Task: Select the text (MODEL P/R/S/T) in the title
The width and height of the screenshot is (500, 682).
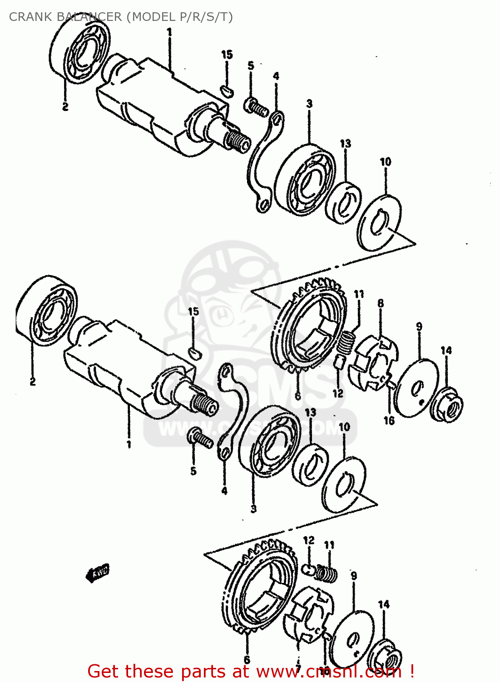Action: [x=179, y=17]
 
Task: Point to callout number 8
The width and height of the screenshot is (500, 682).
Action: [x=380, y=303]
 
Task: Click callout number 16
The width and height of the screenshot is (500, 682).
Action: [x=389, y=421]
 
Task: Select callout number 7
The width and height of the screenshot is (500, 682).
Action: [x=298, y=668]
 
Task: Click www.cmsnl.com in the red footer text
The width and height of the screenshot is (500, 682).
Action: [x=329, y=672]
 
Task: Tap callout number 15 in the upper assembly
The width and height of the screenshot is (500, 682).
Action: [x=227, y=55]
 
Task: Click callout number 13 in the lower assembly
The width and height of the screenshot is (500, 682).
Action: [x=311, y=412]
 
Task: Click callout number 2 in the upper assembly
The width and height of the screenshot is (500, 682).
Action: [x=65, y=107]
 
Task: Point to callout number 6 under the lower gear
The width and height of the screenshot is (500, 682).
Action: [x=247, y=659]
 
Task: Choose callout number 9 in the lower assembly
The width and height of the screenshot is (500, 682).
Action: [x=354, y=576]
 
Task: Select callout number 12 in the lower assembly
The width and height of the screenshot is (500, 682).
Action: [x=308, y=540]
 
